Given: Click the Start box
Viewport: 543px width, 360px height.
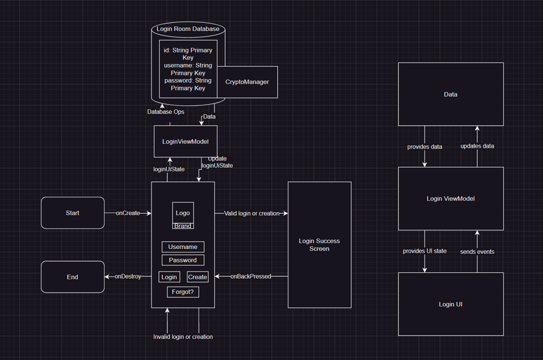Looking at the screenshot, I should coord(72,213).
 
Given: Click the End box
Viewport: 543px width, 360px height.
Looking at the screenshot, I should coord(72,277).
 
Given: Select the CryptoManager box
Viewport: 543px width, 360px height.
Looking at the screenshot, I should coord(247,82).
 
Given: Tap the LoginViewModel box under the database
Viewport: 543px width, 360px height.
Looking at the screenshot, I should coord(185,141).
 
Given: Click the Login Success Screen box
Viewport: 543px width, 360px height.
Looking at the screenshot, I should coord(319,245).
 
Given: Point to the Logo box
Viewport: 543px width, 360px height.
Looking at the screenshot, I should coord(183,213).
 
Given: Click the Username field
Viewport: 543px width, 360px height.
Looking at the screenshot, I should coord(183,246).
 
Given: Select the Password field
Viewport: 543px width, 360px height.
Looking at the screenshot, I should coord(183,260).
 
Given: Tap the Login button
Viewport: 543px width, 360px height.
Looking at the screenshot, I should coord(169,277).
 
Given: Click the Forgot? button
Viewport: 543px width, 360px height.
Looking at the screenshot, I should coord(183,292).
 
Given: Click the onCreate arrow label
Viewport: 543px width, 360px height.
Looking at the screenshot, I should coord(128,213).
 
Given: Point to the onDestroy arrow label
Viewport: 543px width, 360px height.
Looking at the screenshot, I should coord(128,277).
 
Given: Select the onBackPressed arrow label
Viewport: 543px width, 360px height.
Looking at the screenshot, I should coord(251,277).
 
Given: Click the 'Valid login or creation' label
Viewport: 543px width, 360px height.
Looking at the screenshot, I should coord(251,213).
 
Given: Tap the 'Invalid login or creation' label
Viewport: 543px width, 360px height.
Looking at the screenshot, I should coord(183,337).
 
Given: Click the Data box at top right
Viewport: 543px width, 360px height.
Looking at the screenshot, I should coord(451,94).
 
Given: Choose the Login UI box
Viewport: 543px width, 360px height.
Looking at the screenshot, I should coord(451,304).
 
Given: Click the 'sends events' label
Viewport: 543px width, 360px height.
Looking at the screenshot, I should coord(477,251).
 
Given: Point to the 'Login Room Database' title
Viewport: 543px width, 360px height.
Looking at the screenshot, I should coord(188,29).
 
